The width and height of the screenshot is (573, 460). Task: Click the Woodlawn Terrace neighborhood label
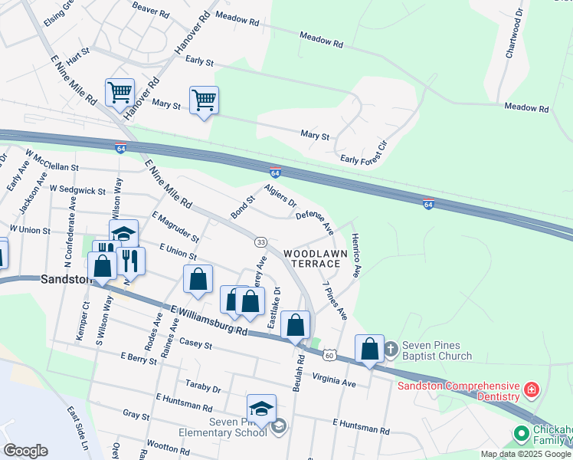tap(311, 258)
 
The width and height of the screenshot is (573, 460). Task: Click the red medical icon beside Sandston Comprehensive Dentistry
tap(531, 391)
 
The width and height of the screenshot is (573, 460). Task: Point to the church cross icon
tap(390, 349)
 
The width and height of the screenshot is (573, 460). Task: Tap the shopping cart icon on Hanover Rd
tap(120, 93)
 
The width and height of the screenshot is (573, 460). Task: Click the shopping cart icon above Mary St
tap(204, 100)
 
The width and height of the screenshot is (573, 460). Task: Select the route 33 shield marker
tap(260, 242)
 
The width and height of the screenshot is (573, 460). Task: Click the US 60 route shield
tap(329, 355)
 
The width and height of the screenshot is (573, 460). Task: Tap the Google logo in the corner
tap(25, 451)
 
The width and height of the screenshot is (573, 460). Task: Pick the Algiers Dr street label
tap(280, 195)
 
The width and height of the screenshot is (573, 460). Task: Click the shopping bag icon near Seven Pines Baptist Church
tap(370, 349)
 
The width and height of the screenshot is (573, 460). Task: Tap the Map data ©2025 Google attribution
tap(526, 454)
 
